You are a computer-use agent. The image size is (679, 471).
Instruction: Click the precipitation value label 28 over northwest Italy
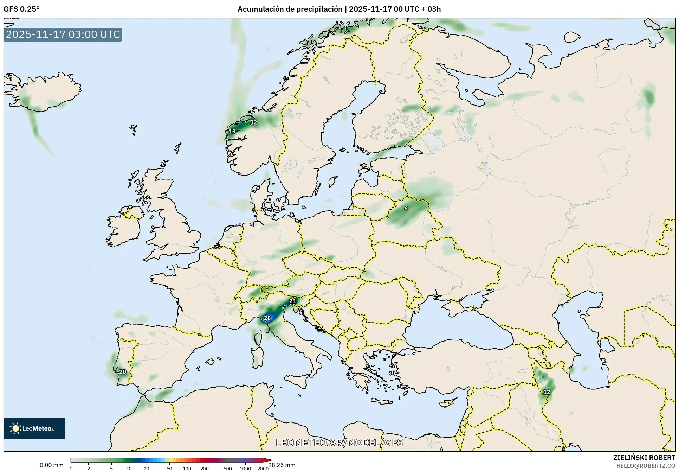tap(267, 318)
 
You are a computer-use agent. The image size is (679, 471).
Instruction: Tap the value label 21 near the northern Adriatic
tap(293, 301)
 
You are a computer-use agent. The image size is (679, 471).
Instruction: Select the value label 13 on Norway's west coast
tap(232, 132)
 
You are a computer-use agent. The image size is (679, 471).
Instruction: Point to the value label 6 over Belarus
tap(406, 209)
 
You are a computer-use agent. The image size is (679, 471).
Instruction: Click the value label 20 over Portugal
tap(123, 372)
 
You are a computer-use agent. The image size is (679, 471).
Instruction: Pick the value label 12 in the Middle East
tap(547, 392)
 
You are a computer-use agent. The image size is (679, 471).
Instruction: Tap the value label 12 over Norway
tap(254, 122)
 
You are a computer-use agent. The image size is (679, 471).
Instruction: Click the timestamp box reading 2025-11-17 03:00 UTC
tap(63, 34)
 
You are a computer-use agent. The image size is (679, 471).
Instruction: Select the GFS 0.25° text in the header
tap(21, 9)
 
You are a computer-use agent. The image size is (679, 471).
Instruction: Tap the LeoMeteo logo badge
tap(34, 428)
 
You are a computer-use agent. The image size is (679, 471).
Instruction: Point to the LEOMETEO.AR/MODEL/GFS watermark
tap(339, 443)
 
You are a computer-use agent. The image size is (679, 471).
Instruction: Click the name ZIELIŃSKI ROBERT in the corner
tap(644, 458)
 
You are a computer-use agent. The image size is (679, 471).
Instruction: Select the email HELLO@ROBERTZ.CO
tap(646, 466)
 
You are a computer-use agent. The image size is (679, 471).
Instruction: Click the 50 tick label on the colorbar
tap(169, 468)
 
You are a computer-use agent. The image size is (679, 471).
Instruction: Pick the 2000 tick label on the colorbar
tap(263, 468)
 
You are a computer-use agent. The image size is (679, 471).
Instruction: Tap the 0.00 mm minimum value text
tap(51, 465)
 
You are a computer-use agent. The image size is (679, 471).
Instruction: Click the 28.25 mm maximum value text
tap(282, 465)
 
